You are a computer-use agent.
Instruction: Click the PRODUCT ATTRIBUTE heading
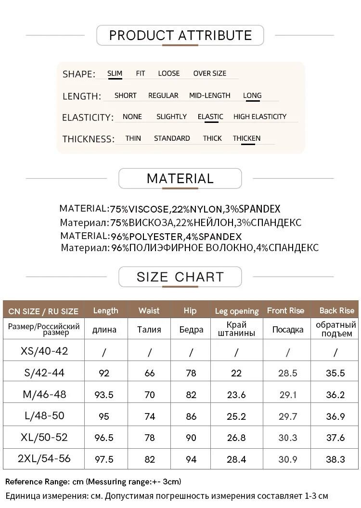point(180,35)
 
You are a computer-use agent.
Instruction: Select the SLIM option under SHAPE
point(115,73)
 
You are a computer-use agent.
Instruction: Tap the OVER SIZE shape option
point(209,73)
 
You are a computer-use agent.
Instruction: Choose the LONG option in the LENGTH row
point(252,95)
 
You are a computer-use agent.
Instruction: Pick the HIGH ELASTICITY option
point(259,117)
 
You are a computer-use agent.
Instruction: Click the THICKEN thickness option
point(246,138)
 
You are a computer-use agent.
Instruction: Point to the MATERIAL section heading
point(180,178)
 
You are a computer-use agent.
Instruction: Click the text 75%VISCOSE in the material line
point(140,209)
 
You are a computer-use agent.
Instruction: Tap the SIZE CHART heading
point(180,277)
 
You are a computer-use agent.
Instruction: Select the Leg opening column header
point(236,311)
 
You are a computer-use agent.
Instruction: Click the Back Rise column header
point(336,310)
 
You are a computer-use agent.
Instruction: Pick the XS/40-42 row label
point(44,351)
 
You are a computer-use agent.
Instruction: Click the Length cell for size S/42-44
point(104,373)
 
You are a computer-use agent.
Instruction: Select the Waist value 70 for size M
point(150,395)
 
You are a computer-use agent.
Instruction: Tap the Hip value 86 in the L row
point(191,416)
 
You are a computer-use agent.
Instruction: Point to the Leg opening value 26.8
point(236,438)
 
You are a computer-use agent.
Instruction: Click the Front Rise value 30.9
point(288,459)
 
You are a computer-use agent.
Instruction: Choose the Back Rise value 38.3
point(335,459)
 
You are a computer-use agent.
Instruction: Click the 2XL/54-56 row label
point(44,459)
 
